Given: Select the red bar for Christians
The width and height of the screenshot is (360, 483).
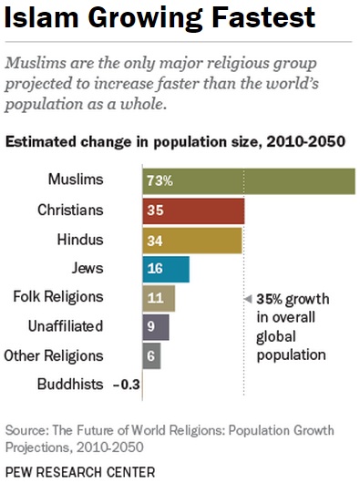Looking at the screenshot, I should (192, 211).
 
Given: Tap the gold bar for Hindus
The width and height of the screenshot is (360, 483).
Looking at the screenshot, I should (191, 240).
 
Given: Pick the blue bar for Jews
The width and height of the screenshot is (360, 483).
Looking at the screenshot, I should (165, 269).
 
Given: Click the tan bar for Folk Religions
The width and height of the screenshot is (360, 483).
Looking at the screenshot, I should (158, 298).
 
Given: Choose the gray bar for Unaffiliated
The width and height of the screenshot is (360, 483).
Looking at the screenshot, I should (155, 326).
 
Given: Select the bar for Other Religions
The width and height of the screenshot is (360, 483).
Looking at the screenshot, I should (151, 355).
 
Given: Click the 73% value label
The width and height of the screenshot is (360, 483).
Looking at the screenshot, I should (158, 180).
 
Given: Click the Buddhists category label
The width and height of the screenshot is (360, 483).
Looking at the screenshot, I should (70, 385).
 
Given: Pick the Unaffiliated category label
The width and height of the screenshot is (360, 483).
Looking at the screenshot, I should (65, 326).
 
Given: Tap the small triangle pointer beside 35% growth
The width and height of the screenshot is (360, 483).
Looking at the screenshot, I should (247, 299).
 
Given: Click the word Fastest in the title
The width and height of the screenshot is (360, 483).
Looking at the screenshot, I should (254, 18).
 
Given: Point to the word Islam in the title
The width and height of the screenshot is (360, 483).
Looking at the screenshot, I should (39, 18).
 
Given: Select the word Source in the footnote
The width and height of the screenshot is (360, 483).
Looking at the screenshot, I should (26, 428).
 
